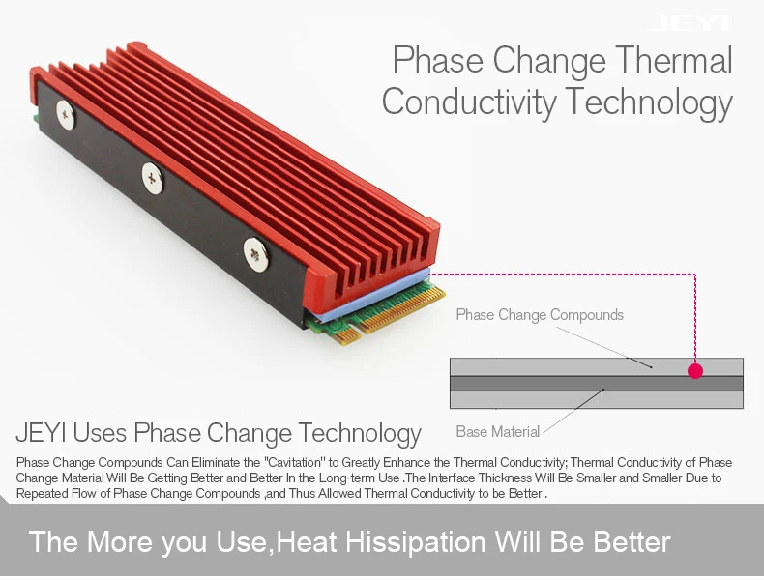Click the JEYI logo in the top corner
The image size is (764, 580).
point(691,23)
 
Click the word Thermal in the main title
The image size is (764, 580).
point(674,60)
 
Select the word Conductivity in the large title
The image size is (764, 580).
point(469,101)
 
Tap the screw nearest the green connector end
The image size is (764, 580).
point(255,254)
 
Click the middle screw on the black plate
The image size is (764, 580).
point(153,178)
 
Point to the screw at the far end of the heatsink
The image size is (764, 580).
point(66,115)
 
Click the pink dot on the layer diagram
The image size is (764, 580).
point(695,371)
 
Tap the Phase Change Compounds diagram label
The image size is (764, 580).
point(540,315)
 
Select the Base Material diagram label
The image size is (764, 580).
point(497,431)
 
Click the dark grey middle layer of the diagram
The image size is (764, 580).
point(597,383)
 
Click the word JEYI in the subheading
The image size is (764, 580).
point(42,432)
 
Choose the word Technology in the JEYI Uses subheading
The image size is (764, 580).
point(360,433)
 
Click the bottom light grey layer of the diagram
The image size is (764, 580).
point(597,400)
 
